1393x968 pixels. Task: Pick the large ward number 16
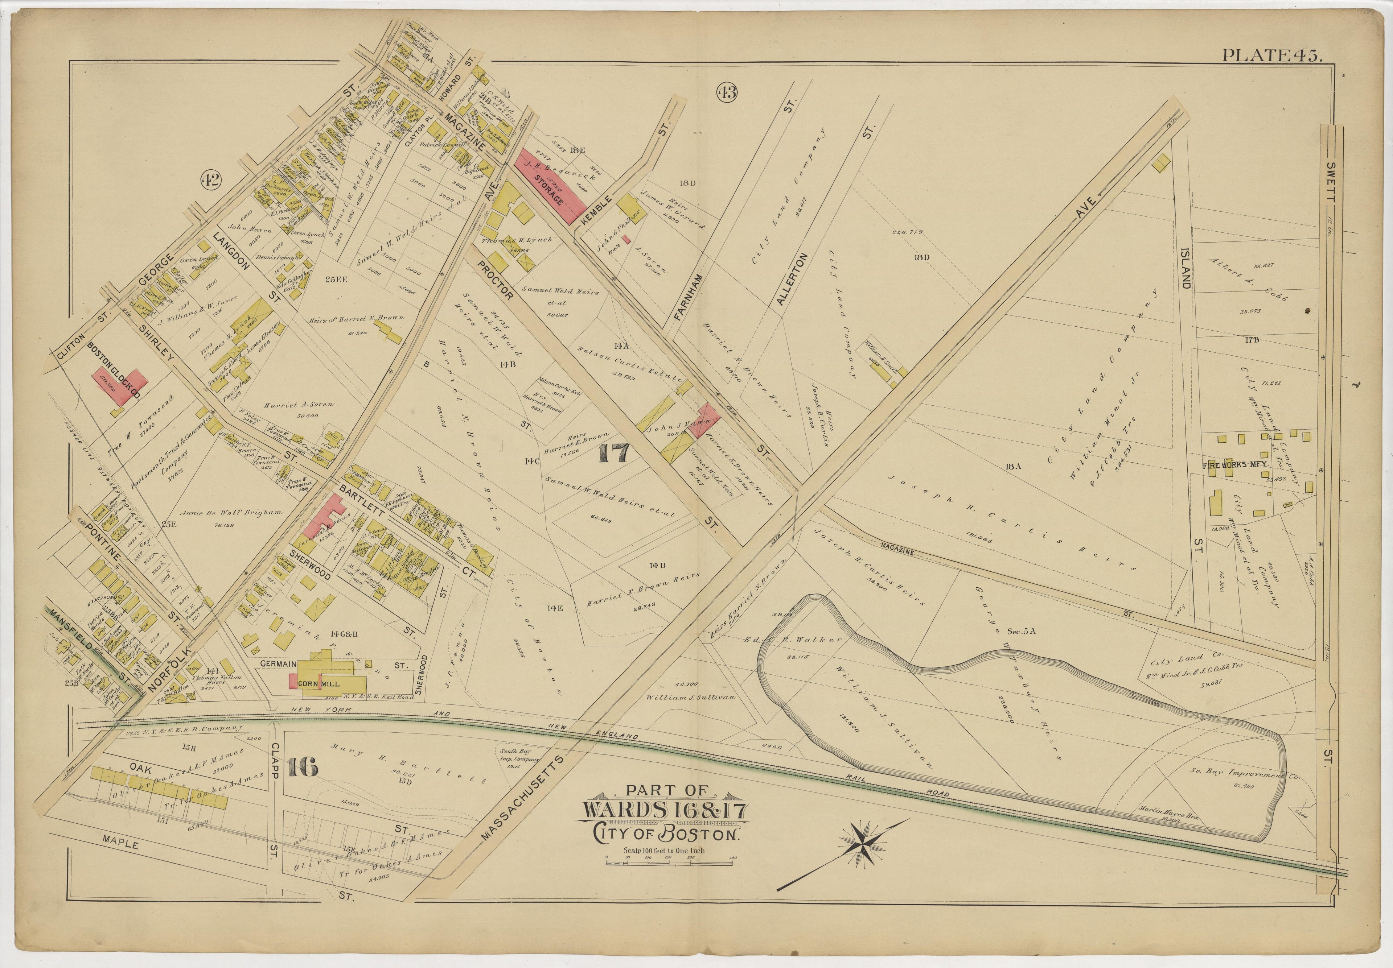pyautogui.click(x=301, y=767)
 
